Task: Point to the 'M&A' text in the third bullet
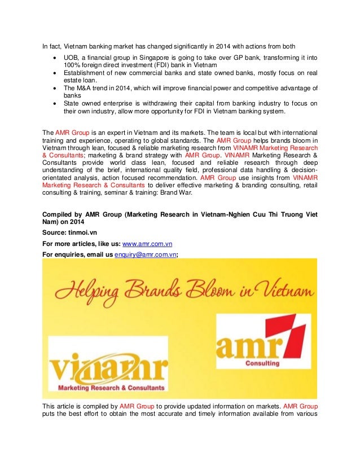[86, 87]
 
